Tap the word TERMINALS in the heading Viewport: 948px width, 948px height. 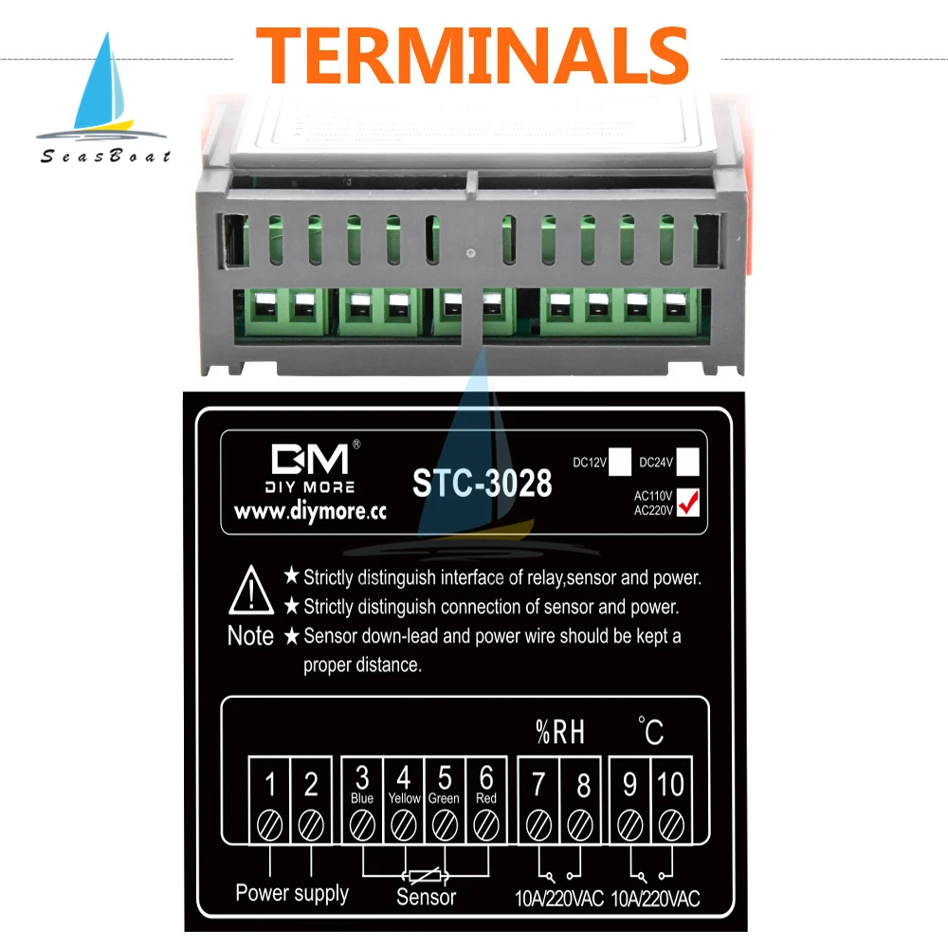click(x=472, y=55)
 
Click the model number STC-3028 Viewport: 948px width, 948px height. click(x=482, y=483)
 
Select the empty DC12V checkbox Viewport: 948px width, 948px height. click(x=620, y=462)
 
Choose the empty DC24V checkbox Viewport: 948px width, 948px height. click(x=688, y=462)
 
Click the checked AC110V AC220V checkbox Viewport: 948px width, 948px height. click(x=688, y=501)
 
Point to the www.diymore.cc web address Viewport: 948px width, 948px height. click(x=310, y=512)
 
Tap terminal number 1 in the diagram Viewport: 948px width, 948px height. click(x=270, y=784)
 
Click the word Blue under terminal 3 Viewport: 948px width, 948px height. click(x=362, y=798)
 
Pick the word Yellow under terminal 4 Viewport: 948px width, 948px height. click(x=404, y=798)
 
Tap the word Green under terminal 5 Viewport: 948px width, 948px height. click(x=444, y=798)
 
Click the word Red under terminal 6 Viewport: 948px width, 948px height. click(x=486, y=798)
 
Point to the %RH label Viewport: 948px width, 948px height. click(x=560, y=731)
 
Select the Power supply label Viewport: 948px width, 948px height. click(x=292, y=893)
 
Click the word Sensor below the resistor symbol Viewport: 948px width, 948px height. click(x=426, y=897)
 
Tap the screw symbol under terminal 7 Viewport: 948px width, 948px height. click(x=539, y=824)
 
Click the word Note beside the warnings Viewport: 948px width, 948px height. click(x=250, y=635)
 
